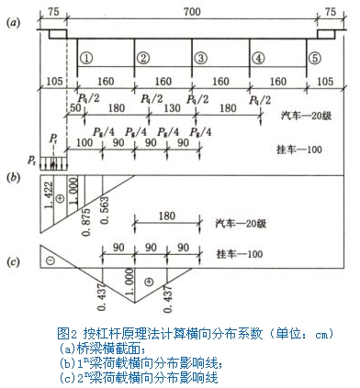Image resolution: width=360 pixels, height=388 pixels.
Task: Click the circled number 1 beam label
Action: (85, 57)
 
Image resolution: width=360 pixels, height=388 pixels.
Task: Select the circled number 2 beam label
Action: (142, 57)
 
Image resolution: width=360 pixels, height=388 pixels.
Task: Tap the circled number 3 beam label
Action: (199, 57)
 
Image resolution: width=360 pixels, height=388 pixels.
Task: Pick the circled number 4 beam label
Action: (259, 57)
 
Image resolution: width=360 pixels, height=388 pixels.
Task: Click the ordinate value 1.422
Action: (48, 194)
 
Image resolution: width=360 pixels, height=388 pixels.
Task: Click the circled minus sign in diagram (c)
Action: (50, 261)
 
